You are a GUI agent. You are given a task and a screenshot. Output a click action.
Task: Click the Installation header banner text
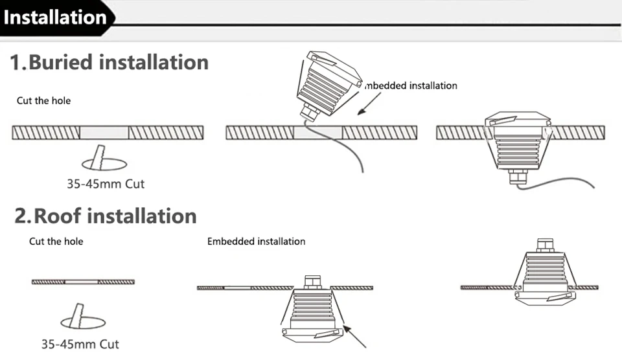pos(55,17)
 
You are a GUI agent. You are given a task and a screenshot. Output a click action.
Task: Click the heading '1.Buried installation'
pos(109,62)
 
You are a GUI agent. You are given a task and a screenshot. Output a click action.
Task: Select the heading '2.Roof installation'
pos(106,216)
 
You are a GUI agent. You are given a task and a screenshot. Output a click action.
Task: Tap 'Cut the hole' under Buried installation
pos(43,101)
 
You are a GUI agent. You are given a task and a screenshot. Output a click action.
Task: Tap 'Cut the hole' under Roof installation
pos(56,242)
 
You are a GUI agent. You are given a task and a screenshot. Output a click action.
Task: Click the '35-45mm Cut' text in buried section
pos(106,184)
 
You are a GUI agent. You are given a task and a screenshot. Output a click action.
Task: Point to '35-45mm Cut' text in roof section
pos(80,344)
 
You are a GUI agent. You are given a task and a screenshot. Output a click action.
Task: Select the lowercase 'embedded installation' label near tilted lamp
pos(411,85)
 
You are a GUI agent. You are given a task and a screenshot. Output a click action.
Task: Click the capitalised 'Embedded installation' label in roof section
pos(256,242)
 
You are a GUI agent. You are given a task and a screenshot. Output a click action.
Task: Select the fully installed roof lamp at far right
pos(544,276)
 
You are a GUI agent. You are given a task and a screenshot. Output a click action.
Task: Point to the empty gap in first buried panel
pos(104,133)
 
